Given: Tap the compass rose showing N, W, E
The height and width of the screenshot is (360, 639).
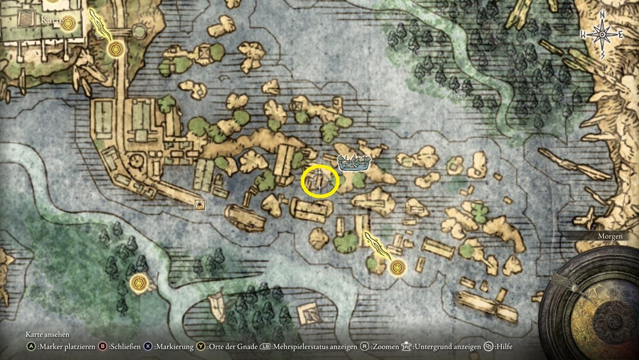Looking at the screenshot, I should pos(602,35).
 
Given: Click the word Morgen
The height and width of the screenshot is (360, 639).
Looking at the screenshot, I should pos(610,236).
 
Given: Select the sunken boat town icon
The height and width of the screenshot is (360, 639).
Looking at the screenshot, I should pos(354,162).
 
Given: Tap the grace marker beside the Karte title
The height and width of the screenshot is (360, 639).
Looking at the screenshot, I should pos(67,23).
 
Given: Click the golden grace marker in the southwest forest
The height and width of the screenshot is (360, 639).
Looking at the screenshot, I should pos(138,283).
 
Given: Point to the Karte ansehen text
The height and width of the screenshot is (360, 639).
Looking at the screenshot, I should pos(48,334).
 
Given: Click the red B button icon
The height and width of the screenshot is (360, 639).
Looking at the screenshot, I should pos(103,347).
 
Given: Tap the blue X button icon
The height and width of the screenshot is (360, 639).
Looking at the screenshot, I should pos(148,347).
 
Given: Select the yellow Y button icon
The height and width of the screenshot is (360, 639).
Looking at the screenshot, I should pos(201,347).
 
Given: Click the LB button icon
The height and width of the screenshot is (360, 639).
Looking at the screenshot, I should pos(265,347).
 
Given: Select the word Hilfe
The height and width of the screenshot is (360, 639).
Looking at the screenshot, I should pos(504,347).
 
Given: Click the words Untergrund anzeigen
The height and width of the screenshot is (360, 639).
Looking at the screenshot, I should pos(447,347).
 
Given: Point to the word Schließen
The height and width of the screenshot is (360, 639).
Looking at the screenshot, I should pos(125,347).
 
